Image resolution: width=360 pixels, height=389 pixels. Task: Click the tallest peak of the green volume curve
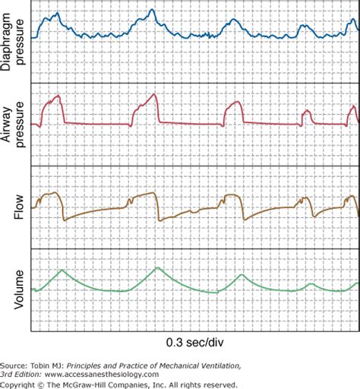coord(157,267)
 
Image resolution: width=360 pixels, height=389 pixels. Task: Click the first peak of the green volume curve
coord(62,270)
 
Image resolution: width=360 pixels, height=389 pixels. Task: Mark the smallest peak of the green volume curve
coord(311,283)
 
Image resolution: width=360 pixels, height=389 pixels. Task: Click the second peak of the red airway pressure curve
coord(154,95)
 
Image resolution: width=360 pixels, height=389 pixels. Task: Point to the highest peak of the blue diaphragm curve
coord(153,10)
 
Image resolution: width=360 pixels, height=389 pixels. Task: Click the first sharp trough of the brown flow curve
coord(65,220)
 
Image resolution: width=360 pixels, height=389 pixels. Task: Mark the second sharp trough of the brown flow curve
coord(159,220)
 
